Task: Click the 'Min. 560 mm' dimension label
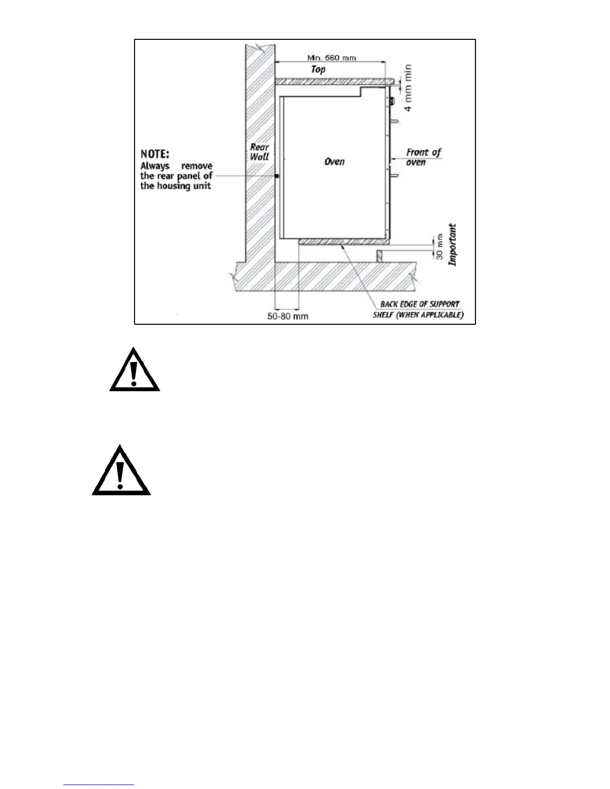point(331,58)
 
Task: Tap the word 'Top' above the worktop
point(318,69)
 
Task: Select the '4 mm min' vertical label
point(408,88)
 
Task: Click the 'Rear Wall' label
point(259,152)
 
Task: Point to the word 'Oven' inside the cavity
point(334,161)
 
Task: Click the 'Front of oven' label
point(423,157)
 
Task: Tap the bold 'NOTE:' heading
point(155,154)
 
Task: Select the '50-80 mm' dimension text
point(288,316)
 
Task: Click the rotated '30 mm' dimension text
point(440,247)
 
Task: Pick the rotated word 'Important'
point(453,244)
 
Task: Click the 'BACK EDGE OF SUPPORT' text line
point(420,304)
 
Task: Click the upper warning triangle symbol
point(135,370)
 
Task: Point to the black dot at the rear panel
point(277,176)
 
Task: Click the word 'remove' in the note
point(196,166)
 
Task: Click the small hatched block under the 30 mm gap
point(380,256)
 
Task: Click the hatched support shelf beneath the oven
point(344,242)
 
